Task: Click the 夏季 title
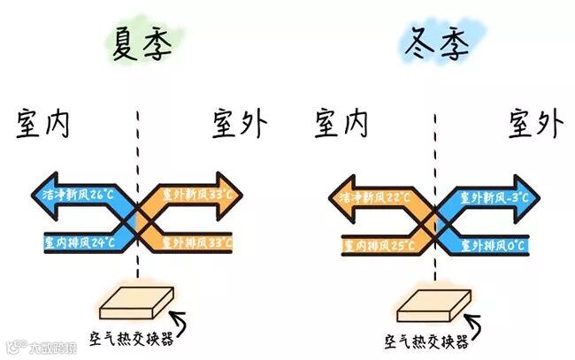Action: [142, 44]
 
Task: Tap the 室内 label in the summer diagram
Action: [42, 126]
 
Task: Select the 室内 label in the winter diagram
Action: [341, 125]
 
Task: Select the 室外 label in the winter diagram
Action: [534, 123]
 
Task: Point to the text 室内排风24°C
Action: [80, 240]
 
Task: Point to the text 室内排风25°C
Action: [377, 241]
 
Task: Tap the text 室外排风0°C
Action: [492, 241]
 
